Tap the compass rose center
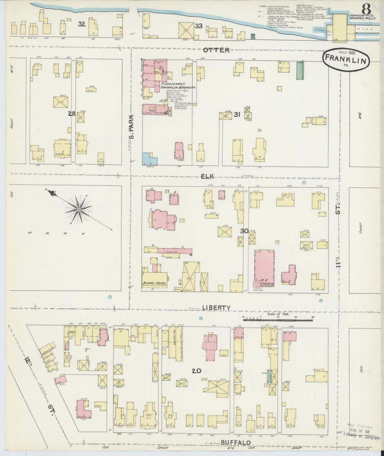[79, 210]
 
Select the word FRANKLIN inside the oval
[346, 60]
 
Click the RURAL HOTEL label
[155, 284]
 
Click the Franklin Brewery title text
[178, 87]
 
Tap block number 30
[244, 231]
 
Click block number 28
[71, 114]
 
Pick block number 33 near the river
[199, 26]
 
